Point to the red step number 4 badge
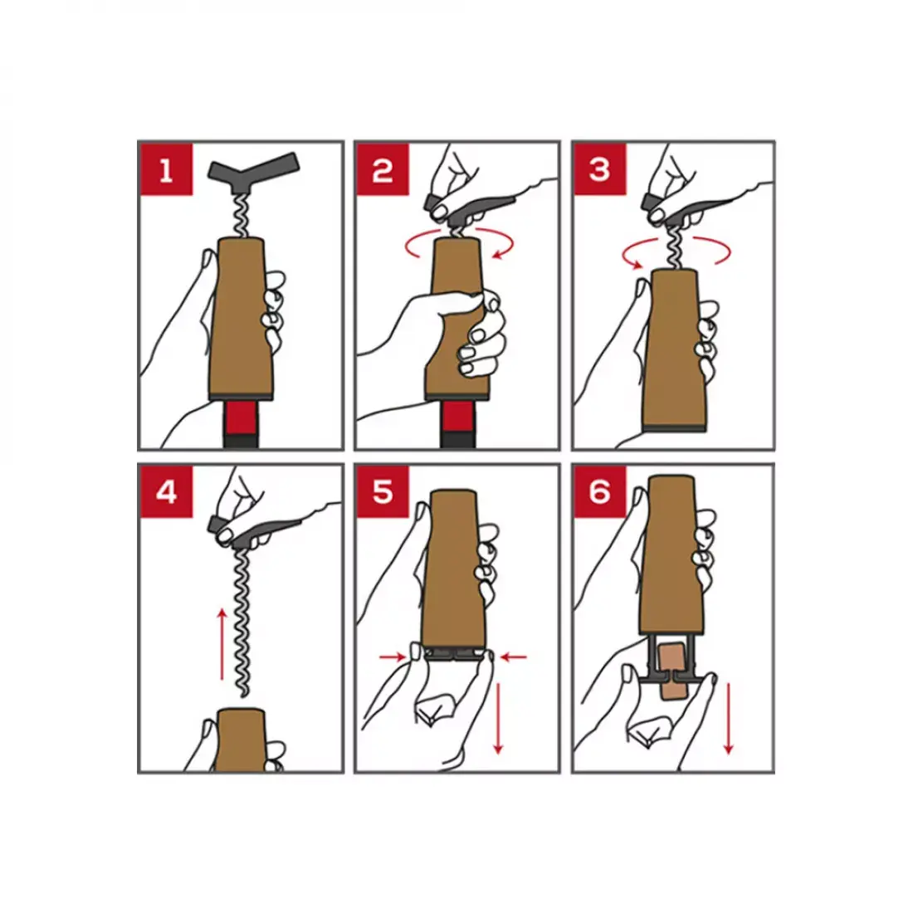pyautogui.click(x=167, y=492)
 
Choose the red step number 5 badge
pyautogui.click(x=383, y=492)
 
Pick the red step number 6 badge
pyautogui.click(x=600, y=492)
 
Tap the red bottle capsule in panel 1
pyautogui.click(x=241, y=417)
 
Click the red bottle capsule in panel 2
pyautogui.click(x=457, y=416)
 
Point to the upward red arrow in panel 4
pyautogui.click(x=222, y=644)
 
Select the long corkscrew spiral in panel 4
pyautogui.click(x=241, y=622)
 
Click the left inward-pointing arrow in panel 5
pyautogui.click(x=393, y=657)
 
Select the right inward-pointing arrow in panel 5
pyautogui.click(x=514, y=657)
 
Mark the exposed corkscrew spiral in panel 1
pyautogui.click(x=241, y=216)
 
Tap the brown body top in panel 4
pyautogui.click(x=241, y=740)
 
